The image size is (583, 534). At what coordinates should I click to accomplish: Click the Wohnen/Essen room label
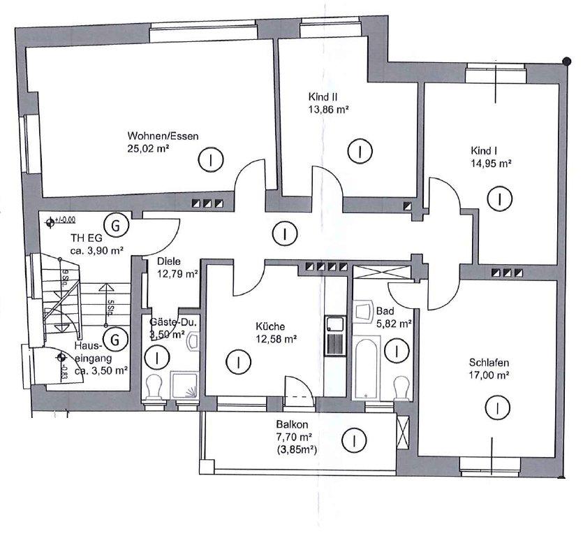coord(154,136)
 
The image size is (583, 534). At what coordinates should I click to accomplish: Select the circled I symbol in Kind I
coord(499,199)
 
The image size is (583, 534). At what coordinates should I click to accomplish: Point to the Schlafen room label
coord(488,363)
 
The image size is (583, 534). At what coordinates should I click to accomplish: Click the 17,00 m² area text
coord(487,375)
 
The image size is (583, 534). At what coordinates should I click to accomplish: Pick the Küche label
coord(270,326)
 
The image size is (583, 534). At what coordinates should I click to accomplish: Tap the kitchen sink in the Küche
coord(333,326)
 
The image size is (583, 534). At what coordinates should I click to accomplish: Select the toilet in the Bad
coord(401,387)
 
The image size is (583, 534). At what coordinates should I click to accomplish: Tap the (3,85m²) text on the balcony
coord(297,449)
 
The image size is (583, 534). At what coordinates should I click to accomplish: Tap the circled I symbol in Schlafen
coord(496,407)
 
